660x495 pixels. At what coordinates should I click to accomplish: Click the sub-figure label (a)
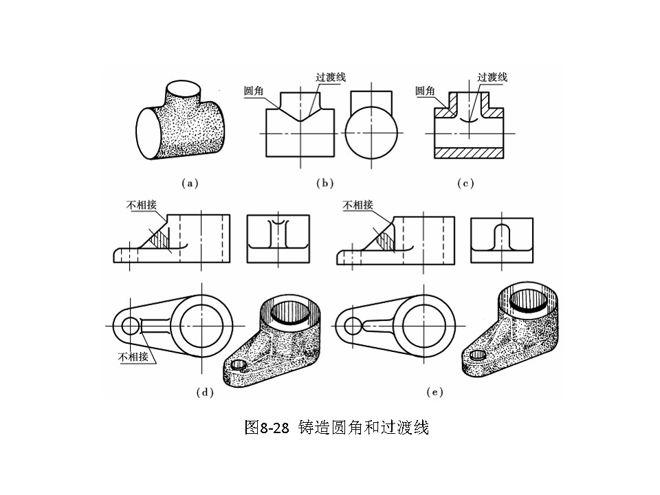(189, 184)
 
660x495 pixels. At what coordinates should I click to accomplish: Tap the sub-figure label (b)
(324, 184)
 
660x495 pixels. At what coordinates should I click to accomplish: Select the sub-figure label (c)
(465, 184)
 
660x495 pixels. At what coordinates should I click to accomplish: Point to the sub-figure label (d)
(205, 393)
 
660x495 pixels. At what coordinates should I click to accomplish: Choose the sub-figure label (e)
(434, 393)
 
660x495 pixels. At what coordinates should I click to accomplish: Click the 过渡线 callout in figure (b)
(331, 77)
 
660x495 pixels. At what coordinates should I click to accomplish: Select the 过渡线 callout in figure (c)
(492, 77)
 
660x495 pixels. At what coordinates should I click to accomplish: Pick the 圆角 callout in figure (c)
(426, 91)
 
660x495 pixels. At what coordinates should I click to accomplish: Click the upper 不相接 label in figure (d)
(141, 204)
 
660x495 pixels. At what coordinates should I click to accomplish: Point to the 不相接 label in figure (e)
(358, 204)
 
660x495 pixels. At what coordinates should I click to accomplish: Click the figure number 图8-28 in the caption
(268, 428)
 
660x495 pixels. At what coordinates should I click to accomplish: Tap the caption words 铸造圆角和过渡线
(364, 428)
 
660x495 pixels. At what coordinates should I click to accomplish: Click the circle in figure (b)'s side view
(371, 133)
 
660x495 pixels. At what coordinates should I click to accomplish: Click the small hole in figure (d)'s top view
(129, 326)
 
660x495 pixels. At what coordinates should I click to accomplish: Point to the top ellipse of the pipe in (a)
(182, 90)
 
